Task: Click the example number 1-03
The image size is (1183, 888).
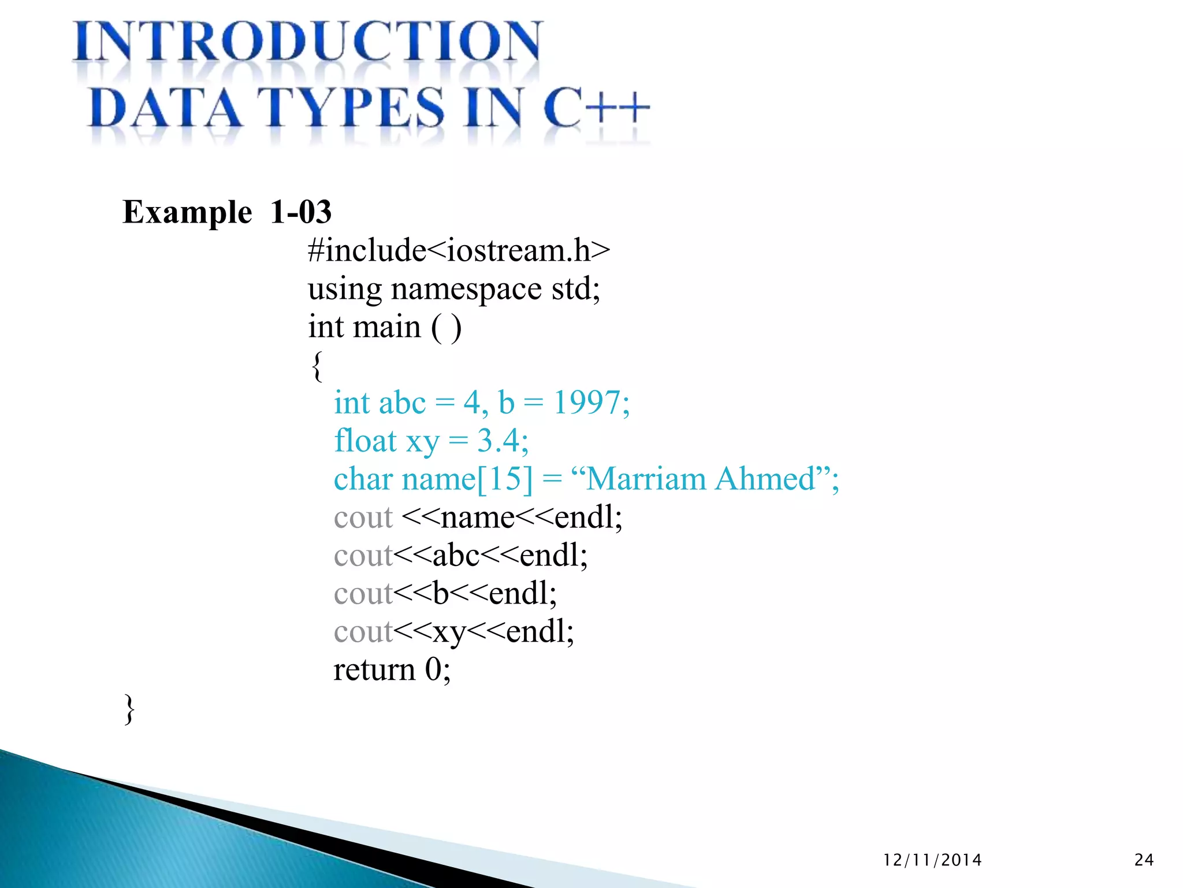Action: [x=301, y=212]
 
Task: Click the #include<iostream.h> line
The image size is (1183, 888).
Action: [x=459, y=250]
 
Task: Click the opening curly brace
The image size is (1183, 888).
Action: [x=317, y=366]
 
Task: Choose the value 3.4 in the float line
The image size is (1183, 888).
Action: [x=499, y=441]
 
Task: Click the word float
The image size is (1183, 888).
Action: [x=364, y=441]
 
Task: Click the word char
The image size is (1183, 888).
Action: [x=363, y=479]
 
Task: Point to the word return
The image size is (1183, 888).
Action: [x=374, y=670]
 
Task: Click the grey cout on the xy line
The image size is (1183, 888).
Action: [x=363, y=632]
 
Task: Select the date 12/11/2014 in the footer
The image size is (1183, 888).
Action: [x=932, y=860]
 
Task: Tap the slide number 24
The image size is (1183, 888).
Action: [x=1144, y=860]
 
